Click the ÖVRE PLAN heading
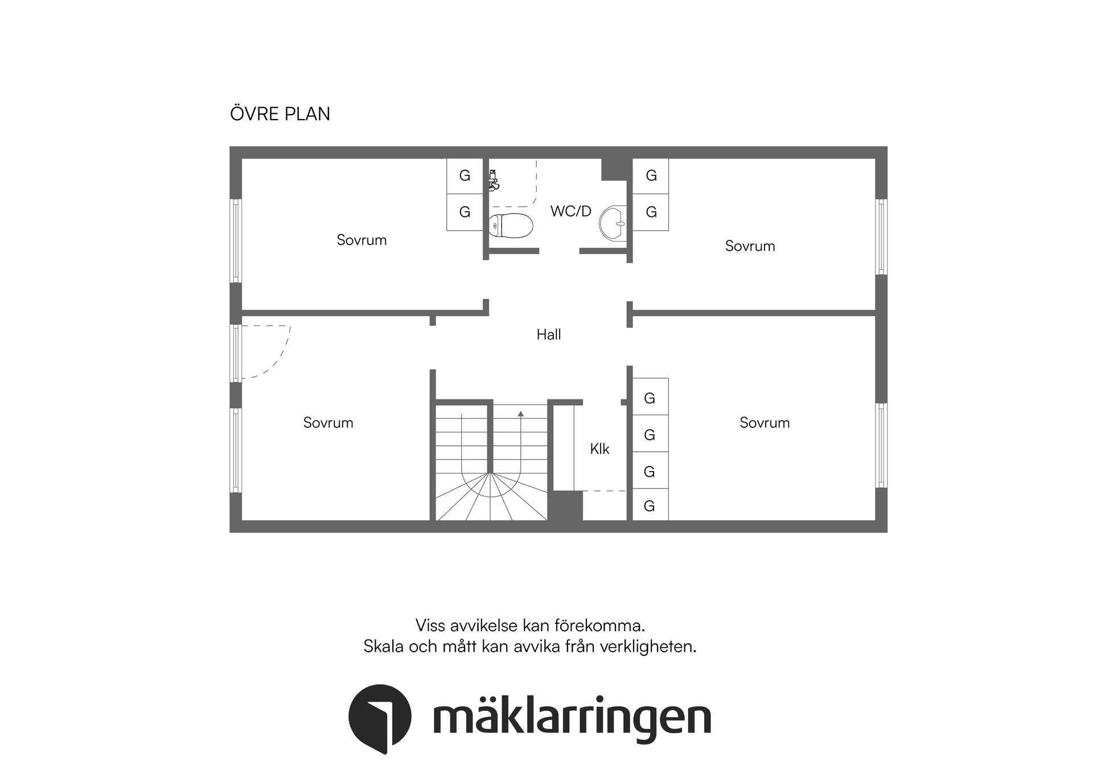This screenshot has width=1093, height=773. pos(280,114)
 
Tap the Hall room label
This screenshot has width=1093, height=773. pos(549,334)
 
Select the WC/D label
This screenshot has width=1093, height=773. pos(570,211)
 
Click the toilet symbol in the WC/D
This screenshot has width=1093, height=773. pos(511,225)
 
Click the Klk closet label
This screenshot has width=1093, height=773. pos(599,449)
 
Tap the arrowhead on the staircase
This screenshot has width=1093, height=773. pos(520,414)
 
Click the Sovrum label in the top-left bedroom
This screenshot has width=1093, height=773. pos(361,240)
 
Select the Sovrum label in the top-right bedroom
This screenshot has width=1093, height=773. pos(750,246)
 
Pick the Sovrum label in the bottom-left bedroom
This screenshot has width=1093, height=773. pos(328,423)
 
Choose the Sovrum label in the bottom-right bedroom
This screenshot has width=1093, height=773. pos(765,423)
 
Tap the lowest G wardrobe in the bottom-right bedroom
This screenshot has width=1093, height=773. pos(650,506)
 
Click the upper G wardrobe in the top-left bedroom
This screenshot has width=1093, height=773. pos(465,175)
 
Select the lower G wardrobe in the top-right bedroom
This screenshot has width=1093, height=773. pos(651,212)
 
